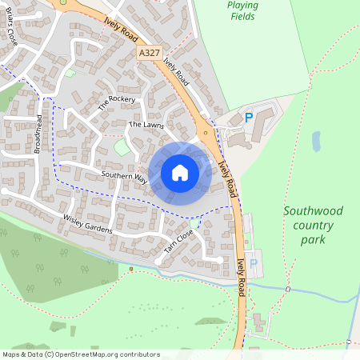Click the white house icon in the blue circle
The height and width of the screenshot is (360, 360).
pos(180,173)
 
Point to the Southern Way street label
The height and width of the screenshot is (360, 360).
pos(123,175)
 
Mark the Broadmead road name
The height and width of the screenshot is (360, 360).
pos(38,133)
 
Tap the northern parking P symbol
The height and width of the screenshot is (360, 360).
pos(249,118)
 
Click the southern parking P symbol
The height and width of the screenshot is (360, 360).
pos(254,263)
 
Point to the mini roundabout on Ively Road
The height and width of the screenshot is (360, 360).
pos(206,132)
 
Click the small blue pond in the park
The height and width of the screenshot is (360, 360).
pos(317,142)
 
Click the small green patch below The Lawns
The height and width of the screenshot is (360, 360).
pos(122,147)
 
